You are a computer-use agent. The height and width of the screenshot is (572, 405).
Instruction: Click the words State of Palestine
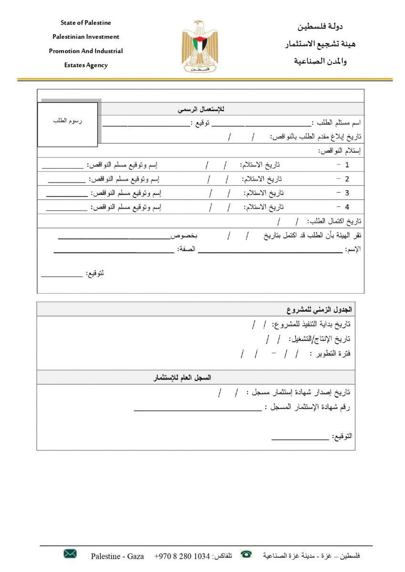[x=86, y=22]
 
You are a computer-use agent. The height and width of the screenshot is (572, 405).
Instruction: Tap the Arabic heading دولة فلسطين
[x=320, y=27]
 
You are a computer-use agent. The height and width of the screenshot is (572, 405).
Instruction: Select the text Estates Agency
[x=86, y=65]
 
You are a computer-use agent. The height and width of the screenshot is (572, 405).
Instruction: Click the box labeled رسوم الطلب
[x=67, y=124]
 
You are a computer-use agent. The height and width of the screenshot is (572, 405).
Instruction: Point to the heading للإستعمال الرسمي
[x=201, y=109]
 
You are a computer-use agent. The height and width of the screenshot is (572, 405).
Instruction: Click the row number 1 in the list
[x=347, y=165]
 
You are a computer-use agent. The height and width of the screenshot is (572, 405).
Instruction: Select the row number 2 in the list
[x=347, y=179]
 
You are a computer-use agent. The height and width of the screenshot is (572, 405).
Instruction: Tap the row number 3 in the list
[x=347, y=193]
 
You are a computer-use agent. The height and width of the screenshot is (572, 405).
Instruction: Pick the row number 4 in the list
[x=347, y=207]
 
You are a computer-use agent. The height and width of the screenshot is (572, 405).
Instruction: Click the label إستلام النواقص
[x=340, y=151]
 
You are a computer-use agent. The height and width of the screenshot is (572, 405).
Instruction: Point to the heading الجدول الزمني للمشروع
[x=319, y=309]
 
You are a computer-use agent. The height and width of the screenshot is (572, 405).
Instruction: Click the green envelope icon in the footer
[x=70, y=553]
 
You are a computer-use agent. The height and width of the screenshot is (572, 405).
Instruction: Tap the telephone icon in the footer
[x=246, y=554]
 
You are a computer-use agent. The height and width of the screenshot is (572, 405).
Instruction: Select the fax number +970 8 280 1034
[x=182, y=556]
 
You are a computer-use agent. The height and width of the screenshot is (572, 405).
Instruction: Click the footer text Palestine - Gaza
[x=117, y=556]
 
